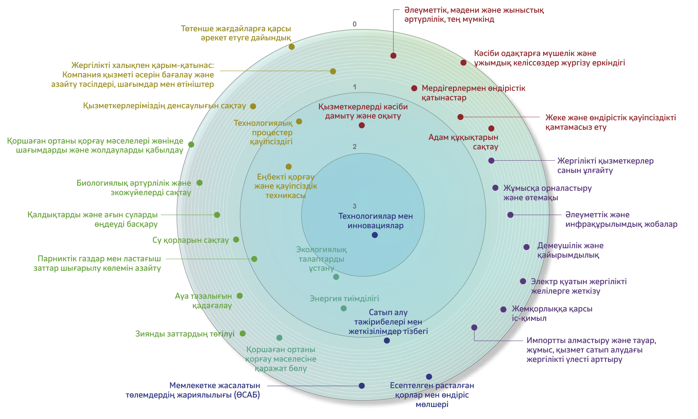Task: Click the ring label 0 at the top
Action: click(x=354, y=24)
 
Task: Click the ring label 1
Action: click(x=354, y=87)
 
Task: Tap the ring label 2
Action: click(x=354, y=147)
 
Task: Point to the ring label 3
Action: click(x=354, y=206)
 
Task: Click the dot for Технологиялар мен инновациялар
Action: click(x=375, y=235)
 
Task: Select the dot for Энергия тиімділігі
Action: click(x=344, y=309)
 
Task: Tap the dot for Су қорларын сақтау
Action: click(x=236, y=239)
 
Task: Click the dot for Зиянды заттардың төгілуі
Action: click(x=242, y=334)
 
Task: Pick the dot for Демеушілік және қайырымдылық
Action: click(x=526, y=247)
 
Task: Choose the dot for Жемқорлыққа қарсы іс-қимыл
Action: click(x=503, y=310)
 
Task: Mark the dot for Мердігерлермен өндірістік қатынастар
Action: click(x=414, y=88)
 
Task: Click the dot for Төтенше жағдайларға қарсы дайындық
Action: click(x=292, y=47)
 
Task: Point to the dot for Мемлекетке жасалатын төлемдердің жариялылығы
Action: click(x=361, y=386)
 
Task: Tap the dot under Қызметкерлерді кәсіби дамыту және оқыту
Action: click(x=361, y=125)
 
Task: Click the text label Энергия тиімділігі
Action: click(x=344, y=299)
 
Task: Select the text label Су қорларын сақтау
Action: click(x=190, y=240)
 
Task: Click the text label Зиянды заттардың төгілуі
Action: click(x=185, y=334)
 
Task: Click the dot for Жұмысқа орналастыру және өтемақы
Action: click(x=495, y=188)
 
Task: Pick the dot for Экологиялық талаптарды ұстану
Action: click(x=336, y=277)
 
